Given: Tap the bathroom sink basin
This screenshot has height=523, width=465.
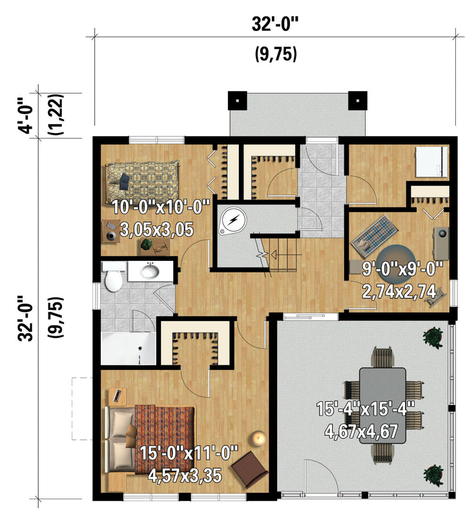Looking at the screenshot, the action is coord(150,271).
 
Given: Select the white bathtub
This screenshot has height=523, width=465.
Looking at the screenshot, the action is coord(129,348).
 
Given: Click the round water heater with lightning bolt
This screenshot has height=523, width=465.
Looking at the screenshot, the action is coord(232,220).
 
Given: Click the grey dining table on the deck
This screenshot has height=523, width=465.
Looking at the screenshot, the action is coord(382,405).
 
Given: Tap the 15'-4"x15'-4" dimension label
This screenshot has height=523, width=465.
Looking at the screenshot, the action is coord(365,409).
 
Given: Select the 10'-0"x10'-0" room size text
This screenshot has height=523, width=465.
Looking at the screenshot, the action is coord(161,207).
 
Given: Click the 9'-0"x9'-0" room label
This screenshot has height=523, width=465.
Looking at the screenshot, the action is coord(402,269).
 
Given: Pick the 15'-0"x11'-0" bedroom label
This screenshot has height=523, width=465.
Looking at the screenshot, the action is coord(189,453).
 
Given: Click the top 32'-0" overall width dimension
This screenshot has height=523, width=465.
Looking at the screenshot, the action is coord(275,24).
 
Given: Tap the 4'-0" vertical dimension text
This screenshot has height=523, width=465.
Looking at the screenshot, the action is coord(26,116).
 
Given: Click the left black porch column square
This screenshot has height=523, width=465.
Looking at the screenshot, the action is coord(237,100).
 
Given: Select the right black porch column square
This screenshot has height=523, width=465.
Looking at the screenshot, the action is coord(358,100).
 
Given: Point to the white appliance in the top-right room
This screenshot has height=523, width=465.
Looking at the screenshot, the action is coord(431,162).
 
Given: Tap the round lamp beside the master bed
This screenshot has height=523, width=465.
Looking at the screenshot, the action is coord(258,438).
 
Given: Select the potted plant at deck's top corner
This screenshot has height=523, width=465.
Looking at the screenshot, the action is coord(433,337).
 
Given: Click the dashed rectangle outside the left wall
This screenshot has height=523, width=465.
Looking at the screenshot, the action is coord(81,409).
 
